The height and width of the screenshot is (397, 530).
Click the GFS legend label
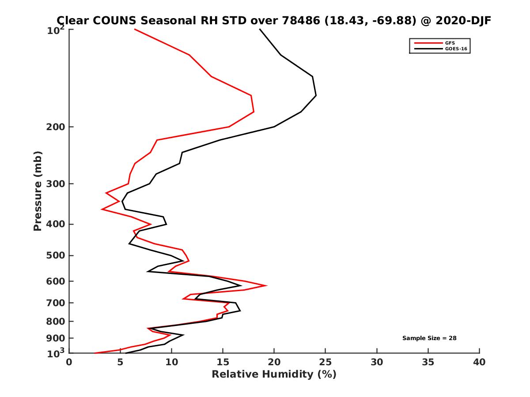pyautogui.click(x=450, y=43)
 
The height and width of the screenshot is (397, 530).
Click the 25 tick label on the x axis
pyautogui.click(x=326, y=362)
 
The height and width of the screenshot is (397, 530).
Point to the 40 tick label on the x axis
pyautogui.click(x=479, y=362)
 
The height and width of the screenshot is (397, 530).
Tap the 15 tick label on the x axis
pyautogui.click(x=223, y=362)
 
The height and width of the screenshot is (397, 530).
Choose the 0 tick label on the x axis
pyautogui.click(x=69, y=362)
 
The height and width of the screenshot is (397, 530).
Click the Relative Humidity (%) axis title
pyautogui.click(x=274, y=375)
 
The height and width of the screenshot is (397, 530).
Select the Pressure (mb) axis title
pyautogui.click(x=38, y=191)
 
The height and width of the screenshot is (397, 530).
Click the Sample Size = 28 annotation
pyautogui.click(x=429, y=338)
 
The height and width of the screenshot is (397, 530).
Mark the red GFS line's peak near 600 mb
pyautogui.click(x=266, y=285)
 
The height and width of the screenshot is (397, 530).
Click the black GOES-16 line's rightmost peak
pyautogui.click(x=316, y=95)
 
